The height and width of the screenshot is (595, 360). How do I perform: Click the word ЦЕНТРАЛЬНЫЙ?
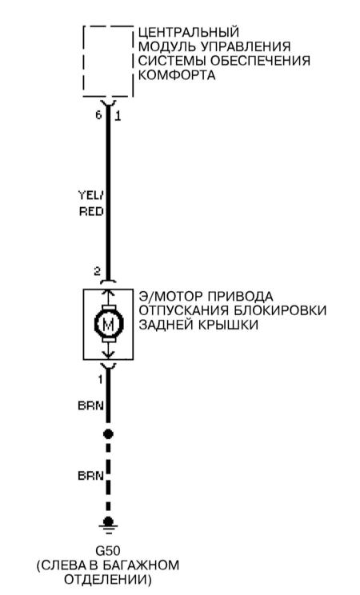(188, 33)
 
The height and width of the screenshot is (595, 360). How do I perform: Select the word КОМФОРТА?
(177, 74)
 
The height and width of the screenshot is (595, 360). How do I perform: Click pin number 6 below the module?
(98, 115)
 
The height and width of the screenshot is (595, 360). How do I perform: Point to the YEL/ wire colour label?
(90, 195)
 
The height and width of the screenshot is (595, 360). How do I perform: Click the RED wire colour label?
(91, 211)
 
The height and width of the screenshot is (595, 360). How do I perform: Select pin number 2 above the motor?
(98, 271)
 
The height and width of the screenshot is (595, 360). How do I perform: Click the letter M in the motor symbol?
(108, 325)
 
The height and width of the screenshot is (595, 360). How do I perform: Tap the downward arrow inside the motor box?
(108, 351)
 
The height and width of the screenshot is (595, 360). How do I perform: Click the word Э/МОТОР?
(170, 296)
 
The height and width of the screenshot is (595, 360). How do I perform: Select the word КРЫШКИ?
(228, 325)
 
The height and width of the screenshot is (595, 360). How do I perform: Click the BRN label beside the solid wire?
(90, 405)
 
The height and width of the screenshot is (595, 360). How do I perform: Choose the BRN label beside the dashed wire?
(90, 476)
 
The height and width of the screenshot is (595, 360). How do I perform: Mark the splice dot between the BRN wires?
(108, 433)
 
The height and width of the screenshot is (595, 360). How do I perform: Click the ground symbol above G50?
(108, 526)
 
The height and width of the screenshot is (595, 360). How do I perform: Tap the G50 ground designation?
(108, 550)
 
